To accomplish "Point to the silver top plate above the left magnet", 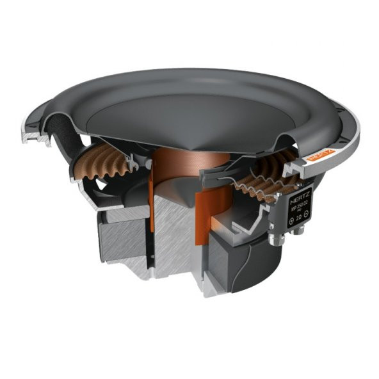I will coord(122,214).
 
